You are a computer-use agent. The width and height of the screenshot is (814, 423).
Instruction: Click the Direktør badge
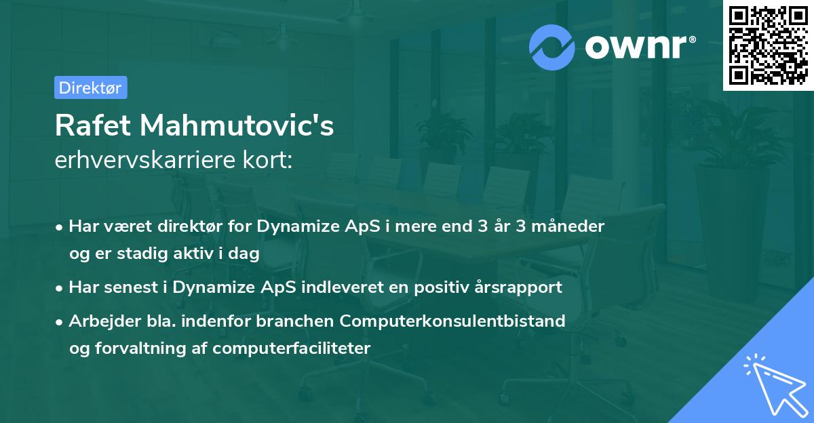[x=90, y=87]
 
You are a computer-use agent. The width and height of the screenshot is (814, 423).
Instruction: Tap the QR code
[x=767, y=45]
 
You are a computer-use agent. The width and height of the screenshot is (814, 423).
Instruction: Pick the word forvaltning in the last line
[x=142, y=348]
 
